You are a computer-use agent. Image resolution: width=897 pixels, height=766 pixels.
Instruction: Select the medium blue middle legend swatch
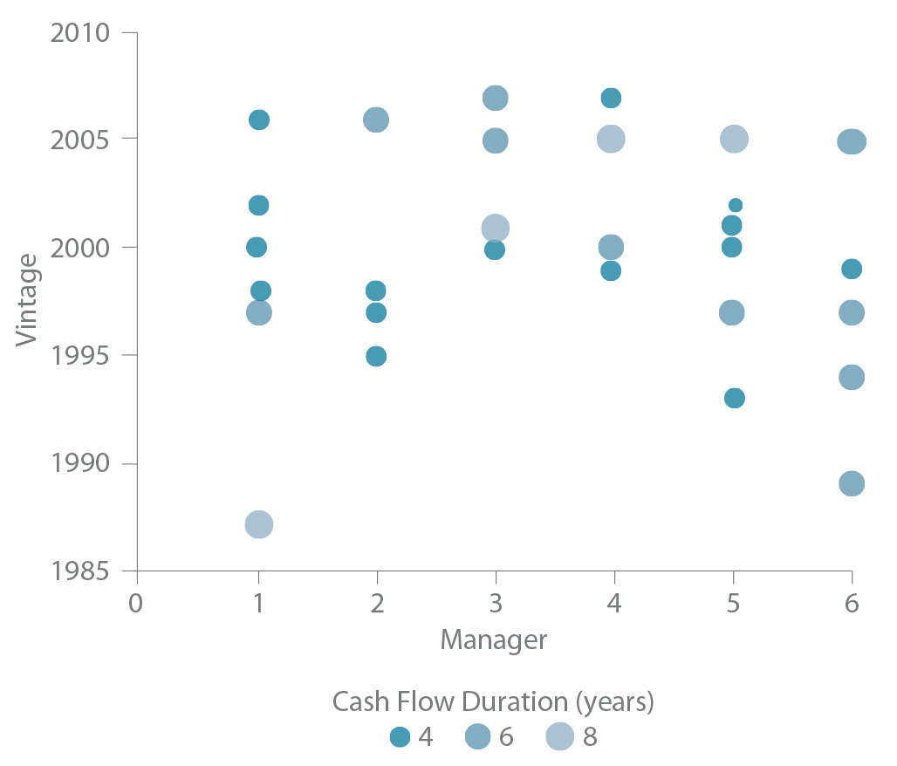coord(471,736)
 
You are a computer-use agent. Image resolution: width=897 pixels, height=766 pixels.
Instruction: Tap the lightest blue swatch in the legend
coord(554,736)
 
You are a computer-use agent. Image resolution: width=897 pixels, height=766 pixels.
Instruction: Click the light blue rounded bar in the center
coord(489,212)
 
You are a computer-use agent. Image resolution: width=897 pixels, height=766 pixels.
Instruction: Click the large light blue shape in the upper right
coord(698,131)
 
